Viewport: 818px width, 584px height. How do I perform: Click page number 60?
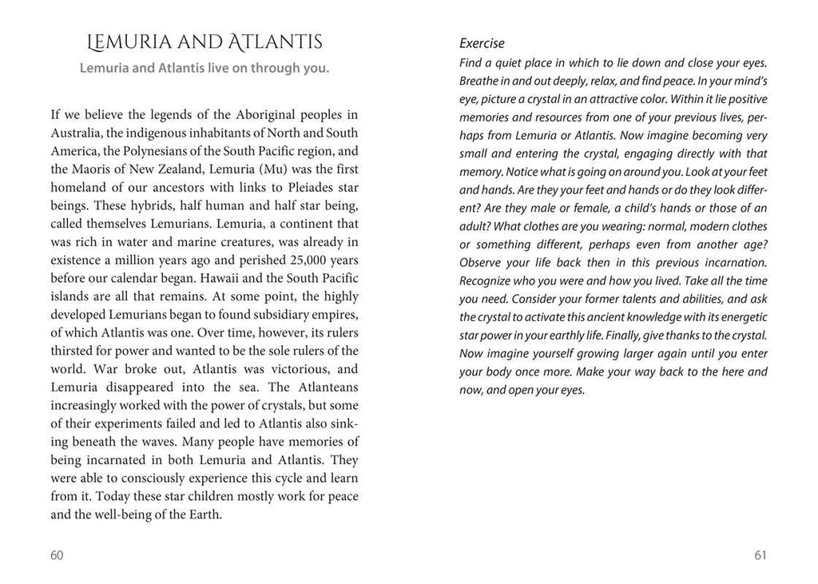pyautogui.click(x=56, y=556)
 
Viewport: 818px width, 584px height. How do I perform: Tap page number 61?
pyautogui.click(x=760, y=556)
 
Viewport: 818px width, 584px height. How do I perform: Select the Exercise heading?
pyautogui.click(x=482, y=43)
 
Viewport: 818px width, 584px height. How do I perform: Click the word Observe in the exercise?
pyautogui.click(x=482, y=263)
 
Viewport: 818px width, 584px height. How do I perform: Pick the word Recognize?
pyautogui.click(x=488, y=281)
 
